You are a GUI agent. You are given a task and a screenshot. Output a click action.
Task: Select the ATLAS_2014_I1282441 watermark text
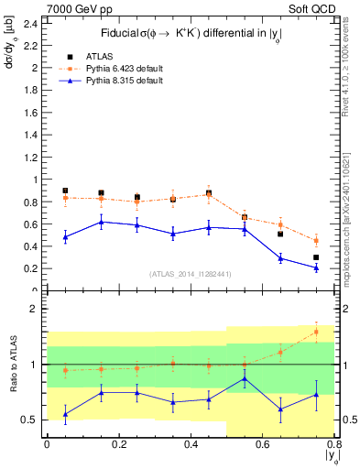(190, 273)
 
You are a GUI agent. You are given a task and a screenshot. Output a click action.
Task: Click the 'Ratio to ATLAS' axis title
(12, 364)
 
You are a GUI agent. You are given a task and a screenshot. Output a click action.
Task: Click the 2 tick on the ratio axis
(34, 309)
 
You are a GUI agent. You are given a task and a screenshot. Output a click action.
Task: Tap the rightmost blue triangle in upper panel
(316, 267)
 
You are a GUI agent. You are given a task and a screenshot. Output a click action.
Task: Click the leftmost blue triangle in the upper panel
(65, 237)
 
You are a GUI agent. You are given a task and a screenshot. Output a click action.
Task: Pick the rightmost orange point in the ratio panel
(316, 331)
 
